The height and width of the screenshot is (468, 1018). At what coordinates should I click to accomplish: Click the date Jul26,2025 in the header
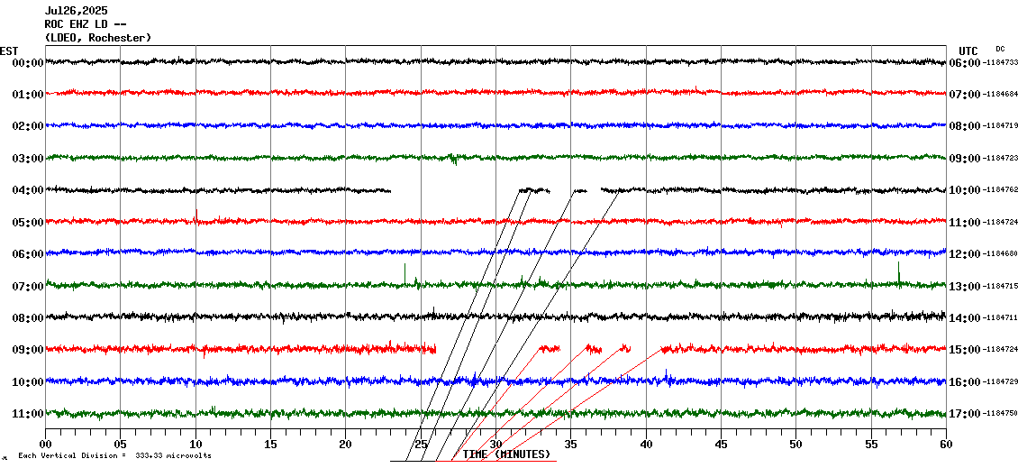point(75,11)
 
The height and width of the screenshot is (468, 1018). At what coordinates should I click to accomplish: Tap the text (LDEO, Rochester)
point(98,38)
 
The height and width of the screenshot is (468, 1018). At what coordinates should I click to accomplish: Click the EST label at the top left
point(9,50)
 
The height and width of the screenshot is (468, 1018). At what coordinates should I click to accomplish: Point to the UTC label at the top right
point(968,50)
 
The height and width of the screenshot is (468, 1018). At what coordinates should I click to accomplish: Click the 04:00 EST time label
point(28,190)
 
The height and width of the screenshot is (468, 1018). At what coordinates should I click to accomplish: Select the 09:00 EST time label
point(28,350)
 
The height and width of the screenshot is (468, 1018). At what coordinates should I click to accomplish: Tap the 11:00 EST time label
point(28,414)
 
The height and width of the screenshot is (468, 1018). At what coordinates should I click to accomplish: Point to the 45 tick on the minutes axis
point(721,444)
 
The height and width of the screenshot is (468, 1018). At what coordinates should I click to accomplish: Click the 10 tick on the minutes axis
point(195,444)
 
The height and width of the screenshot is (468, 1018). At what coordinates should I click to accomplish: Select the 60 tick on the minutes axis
point(946,444)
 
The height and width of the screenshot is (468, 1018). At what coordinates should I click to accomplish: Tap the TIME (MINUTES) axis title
point(506,454)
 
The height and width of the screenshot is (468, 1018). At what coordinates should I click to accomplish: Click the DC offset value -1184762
point(999,190)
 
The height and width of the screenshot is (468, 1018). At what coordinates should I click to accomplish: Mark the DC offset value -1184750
point(999,414)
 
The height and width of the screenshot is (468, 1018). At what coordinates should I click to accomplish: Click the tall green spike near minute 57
point(898,272)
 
